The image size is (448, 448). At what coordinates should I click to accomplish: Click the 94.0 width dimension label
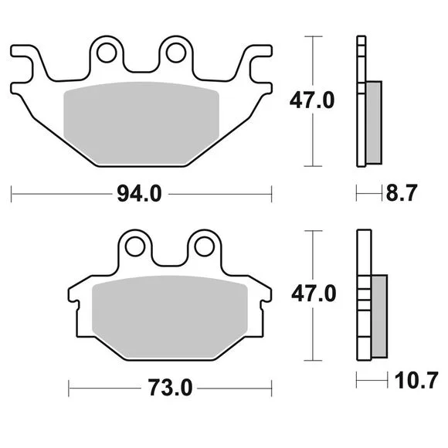140,194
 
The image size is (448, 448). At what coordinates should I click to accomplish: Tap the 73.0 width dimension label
170,388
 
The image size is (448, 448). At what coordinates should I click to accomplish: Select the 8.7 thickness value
402,193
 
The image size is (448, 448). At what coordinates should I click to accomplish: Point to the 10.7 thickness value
416,380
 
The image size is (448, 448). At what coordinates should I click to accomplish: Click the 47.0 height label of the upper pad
312,100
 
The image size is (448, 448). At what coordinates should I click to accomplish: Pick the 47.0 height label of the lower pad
314,294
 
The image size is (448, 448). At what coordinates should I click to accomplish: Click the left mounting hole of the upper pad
107,53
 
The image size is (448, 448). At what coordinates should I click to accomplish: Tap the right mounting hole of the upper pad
175,53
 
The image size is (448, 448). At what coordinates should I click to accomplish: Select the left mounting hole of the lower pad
135,246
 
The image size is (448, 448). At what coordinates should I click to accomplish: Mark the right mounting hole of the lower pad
204,246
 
